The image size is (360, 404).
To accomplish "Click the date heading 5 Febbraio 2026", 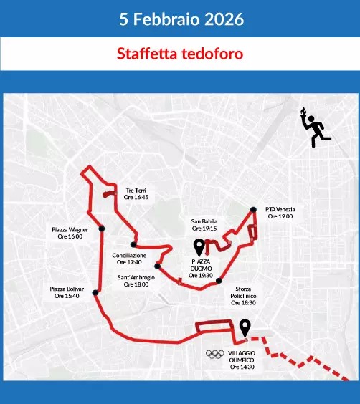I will [179, 18].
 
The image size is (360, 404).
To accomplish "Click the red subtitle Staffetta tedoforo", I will [179, 54].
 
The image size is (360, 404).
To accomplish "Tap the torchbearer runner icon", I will [315, 128].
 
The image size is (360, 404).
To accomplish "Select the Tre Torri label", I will [136, 193].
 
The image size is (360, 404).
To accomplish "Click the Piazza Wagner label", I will [70, 233].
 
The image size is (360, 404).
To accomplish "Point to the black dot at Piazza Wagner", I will [102, 229].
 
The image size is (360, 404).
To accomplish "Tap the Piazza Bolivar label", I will [67, 292].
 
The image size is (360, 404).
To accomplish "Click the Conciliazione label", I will [129, 259].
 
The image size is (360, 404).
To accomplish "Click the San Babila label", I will [204, 225].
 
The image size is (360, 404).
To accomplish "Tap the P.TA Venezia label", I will [280, 213].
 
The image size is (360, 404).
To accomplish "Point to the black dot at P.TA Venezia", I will [254, 210].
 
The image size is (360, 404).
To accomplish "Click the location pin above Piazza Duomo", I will [200, 248].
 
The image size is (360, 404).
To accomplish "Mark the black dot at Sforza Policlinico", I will [218, 280].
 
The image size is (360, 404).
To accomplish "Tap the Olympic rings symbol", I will [214, 354].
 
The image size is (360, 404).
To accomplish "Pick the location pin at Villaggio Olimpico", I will [245, 327].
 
